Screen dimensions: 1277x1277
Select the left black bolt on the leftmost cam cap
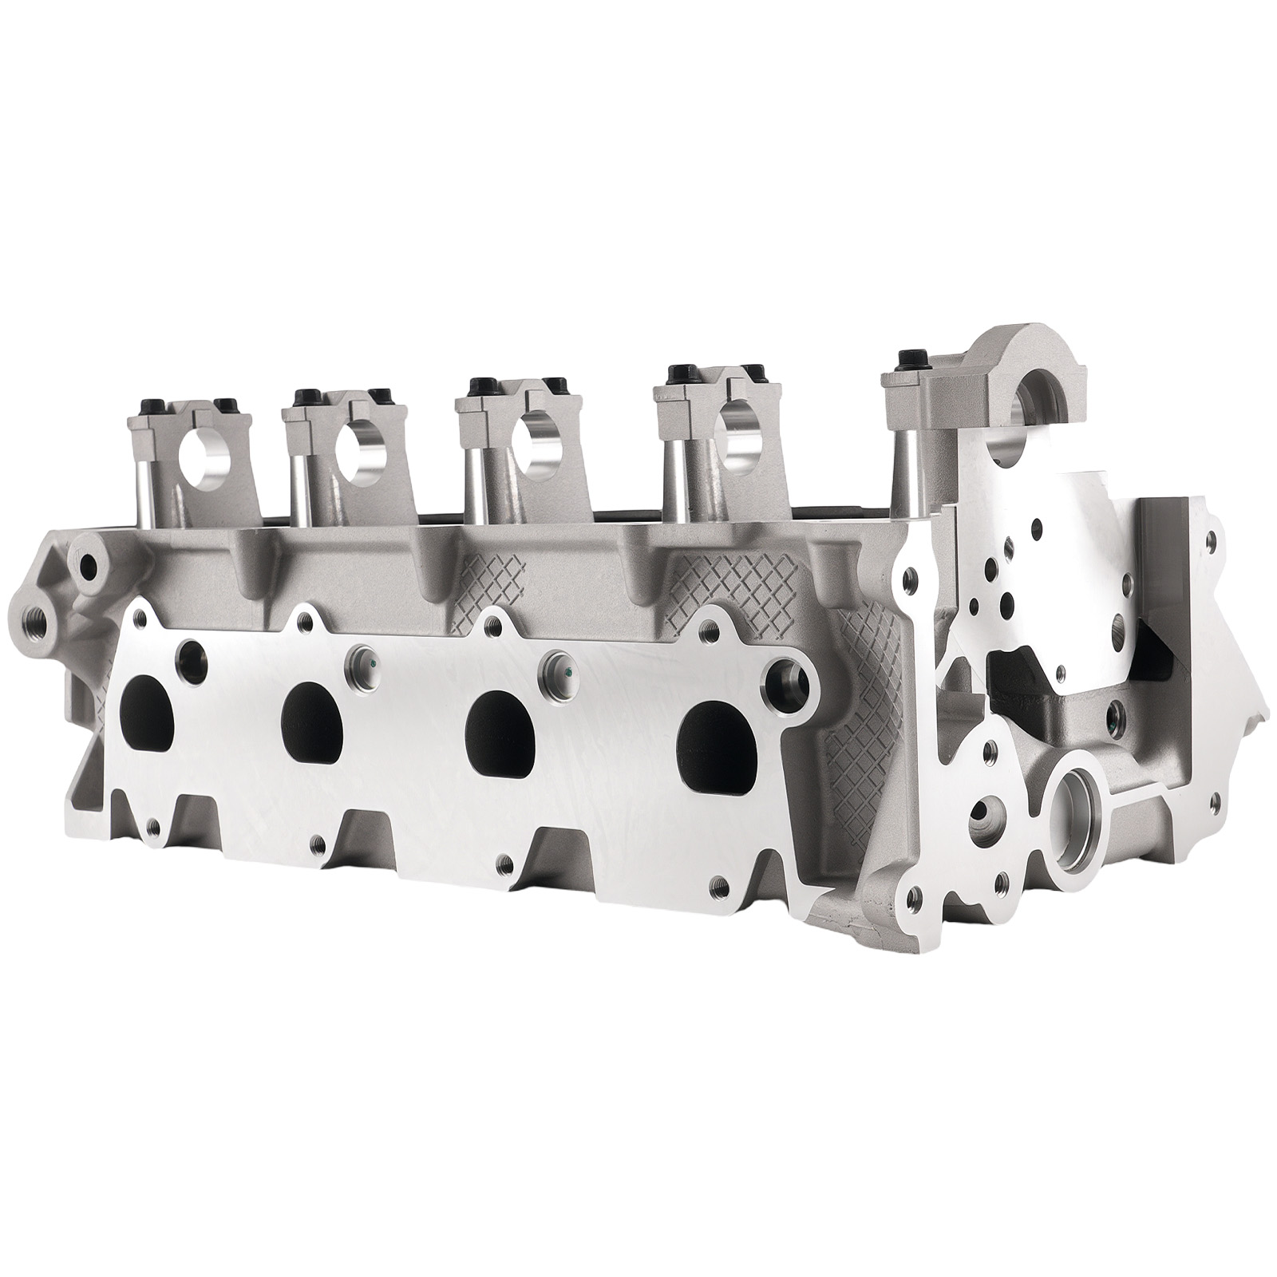(152, 403)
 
